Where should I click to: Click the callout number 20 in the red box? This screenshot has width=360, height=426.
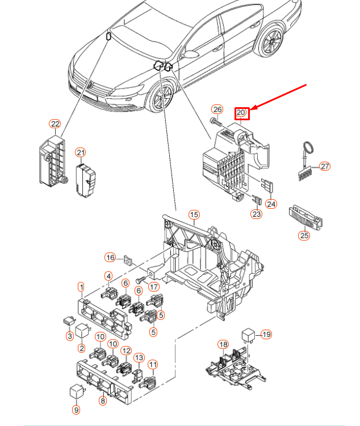point(241,113)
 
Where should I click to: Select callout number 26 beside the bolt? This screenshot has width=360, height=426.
point(217,109)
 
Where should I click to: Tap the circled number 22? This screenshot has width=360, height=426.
point(55,124)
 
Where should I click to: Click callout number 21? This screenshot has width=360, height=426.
point(81,152)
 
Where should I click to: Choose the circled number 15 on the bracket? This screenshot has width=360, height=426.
point(194,214)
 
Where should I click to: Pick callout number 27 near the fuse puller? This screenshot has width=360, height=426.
point(324,166)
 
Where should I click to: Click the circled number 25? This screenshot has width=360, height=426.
point(305,234)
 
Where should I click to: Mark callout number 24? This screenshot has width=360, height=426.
point(271,204)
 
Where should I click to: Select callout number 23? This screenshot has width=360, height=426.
point(257,214)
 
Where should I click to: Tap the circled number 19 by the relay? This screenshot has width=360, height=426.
point(266,334)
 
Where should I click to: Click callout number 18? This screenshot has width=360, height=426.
point(223,344)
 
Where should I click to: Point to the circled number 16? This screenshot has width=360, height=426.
point(110,257)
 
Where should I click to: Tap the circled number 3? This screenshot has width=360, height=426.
point(70,336)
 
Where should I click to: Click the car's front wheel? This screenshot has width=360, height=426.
point(160,96)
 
